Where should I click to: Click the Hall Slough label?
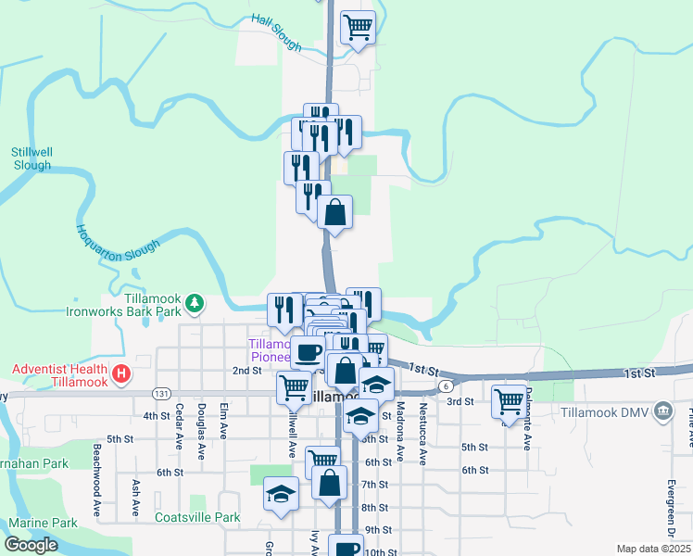click(x=276, y=32)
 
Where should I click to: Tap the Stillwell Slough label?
click(x=31, y=158)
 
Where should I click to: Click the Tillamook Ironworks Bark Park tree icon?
click(x=195, y=302)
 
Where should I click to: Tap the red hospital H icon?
click(x=120, y=375)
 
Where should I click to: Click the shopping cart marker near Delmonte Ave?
click(x=509, y=401)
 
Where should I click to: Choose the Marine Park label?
click(x=44, y=523)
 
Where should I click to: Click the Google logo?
click(x=31, y=544)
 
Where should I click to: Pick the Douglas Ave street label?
click(x=201, y=430)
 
